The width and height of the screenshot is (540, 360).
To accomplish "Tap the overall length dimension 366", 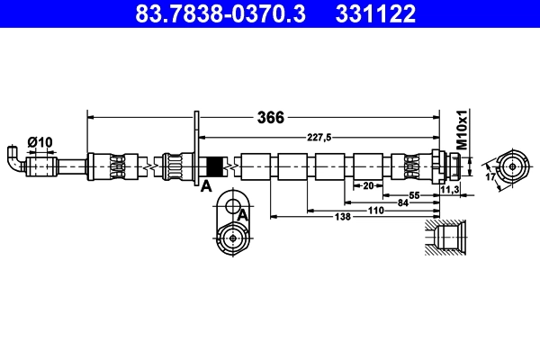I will [x=271, y=118].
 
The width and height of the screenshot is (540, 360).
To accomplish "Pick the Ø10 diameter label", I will [x=40, y=141].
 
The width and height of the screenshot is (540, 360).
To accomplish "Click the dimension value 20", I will [x=367, y=185].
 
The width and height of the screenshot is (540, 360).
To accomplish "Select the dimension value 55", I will [x=415, y=194].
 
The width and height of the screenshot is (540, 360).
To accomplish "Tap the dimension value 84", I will [x=404, y=202].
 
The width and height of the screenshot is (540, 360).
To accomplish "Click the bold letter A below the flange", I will [x=205, y=186].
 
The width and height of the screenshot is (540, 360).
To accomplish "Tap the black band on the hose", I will [x=215, y=166].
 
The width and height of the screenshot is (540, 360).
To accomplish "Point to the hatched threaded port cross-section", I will [x=447, y=240].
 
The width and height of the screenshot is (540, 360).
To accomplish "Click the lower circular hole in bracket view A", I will [x=233, y=237].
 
